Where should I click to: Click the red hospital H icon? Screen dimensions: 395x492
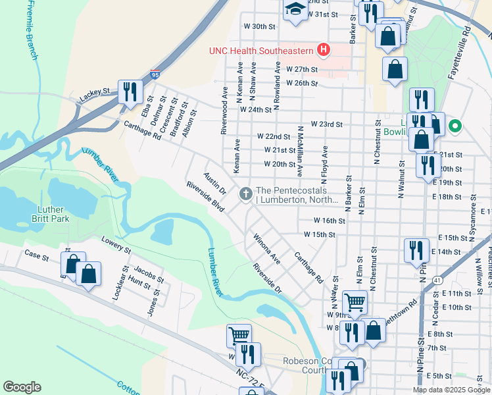323,49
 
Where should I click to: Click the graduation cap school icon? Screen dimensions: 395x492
295,9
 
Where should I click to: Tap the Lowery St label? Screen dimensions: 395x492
116,247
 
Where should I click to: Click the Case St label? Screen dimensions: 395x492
37,254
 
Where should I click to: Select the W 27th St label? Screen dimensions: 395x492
302,69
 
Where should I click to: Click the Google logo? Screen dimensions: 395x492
22,387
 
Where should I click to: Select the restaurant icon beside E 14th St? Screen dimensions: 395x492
416,250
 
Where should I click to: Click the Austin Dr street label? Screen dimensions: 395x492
214,182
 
